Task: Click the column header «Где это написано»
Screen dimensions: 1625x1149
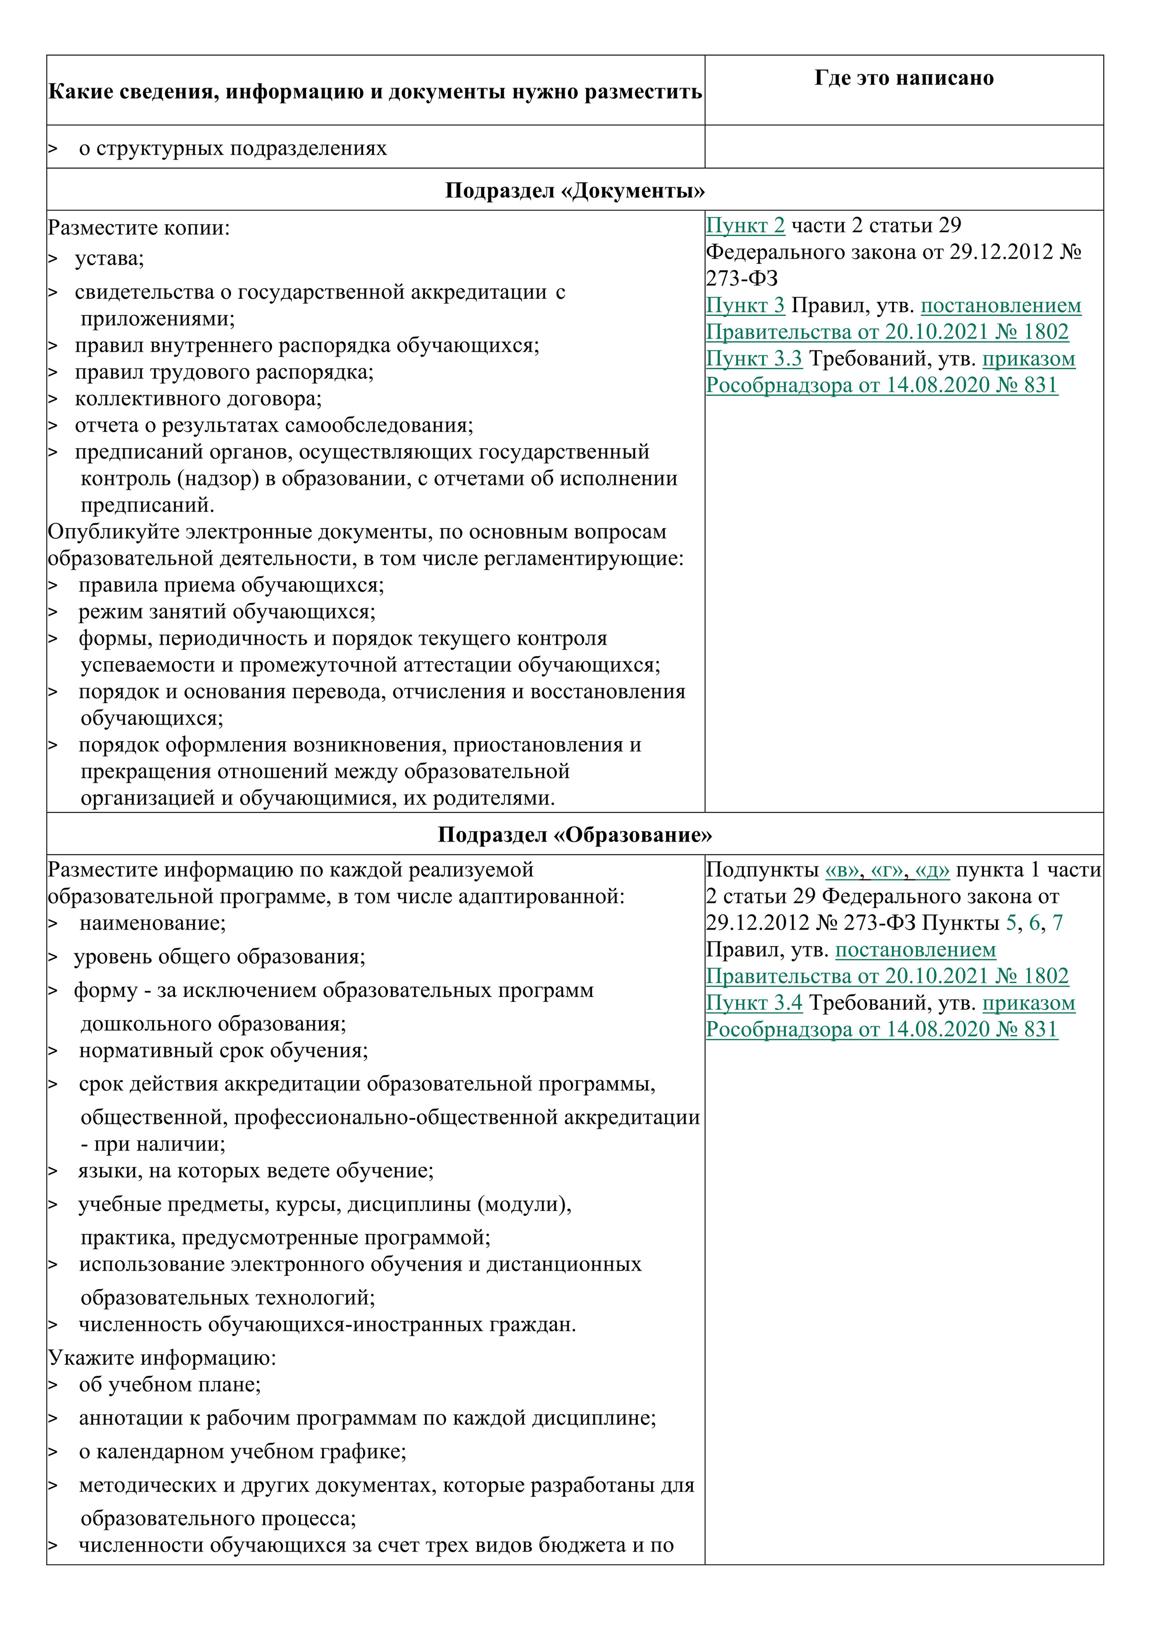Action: (x=903, y=78)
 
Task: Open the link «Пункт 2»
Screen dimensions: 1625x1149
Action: (x=746, y=226)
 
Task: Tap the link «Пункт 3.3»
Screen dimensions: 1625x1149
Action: (x=754, y=359)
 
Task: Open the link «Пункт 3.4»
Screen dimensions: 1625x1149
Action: (x=754, y=1003)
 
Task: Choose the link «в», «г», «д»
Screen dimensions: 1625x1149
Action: (x=887, y=870)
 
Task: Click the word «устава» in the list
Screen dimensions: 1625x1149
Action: (x=109, y=258)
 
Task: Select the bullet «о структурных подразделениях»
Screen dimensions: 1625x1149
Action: (x=233, y=149)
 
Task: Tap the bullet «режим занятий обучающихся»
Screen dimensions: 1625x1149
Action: (x=227, y=612)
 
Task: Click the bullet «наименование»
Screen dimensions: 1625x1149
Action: (x=152, y=923)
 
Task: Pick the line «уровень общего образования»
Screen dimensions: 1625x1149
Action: (x=219, y=957)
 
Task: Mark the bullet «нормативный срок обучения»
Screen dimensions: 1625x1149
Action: (x=224, y=1050)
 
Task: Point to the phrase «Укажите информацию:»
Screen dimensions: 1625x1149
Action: (x=162, y=1358)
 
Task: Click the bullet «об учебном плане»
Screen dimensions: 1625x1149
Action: (x=170, y=1385)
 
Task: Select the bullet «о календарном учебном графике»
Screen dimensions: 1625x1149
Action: (x=242, y=1452)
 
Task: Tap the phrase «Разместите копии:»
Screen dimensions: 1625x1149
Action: (x=139, y=228)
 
